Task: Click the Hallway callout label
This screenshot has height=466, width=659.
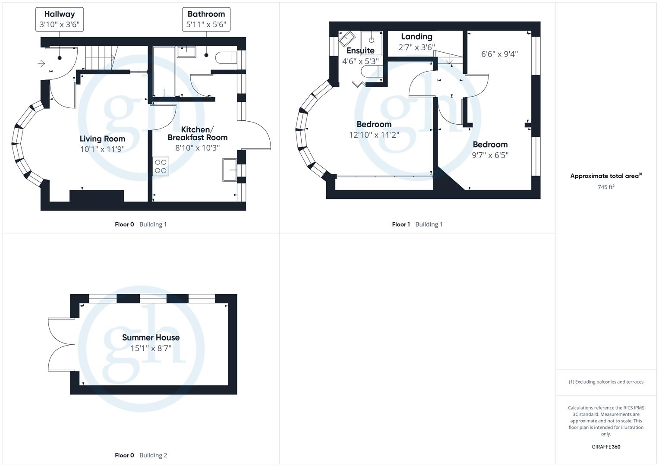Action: (x=60, y=19)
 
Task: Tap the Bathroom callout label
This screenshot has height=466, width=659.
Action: (x=206, y=19)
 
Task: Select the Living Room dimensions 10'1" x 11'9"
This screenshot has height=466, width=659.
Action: (x=102, y=149)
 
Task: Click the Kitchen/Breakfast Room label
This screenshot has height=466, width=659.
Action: (x=197, y=133)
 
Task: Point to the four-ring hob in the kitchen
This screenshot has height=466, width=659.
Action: (x=161, y=167)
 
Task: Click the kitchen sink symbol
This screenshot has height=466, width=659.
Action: (x=229, y=169)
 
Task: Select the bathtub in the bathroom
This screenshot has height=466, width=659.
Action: (x=164, y=71)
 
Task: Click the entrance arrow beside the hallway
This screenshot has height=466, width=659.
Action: (x=41, y=64)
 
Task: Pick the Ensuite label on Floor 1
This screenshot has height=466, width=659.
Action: (x=360, y=50)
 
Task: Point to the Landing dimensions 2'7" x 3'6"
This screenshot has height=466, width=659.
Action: (x=416, y=47)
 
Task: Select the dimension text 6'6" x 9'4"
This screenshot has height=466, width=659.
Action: (x=499, y=54)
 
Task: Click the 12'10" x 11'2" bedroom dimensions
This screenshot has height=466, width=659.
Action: (x=374, y=135)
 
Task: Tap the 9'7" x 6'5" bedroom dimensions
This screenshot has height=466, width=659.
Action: (x=490, y=155)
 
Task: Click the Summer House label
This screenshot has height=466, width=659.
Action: (x=151, y=337)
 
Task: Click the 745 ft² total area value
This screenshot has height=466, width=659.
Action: (x=606, y=187)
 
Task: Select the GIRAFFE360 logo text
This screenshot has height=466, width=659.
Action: (x=605, y=447)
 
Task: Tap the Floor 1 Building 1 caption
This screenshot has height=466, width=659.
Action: (x=417, y=224)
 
